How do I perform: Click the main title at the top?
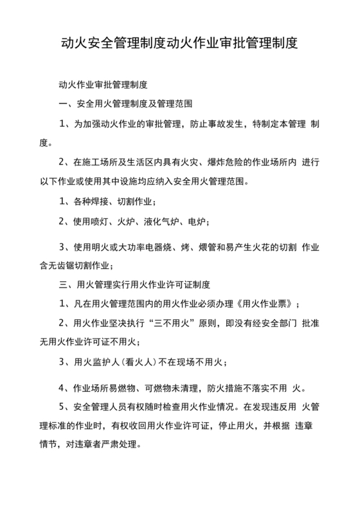coord(179,45)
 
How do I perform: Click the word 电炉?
coord(198,221)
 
